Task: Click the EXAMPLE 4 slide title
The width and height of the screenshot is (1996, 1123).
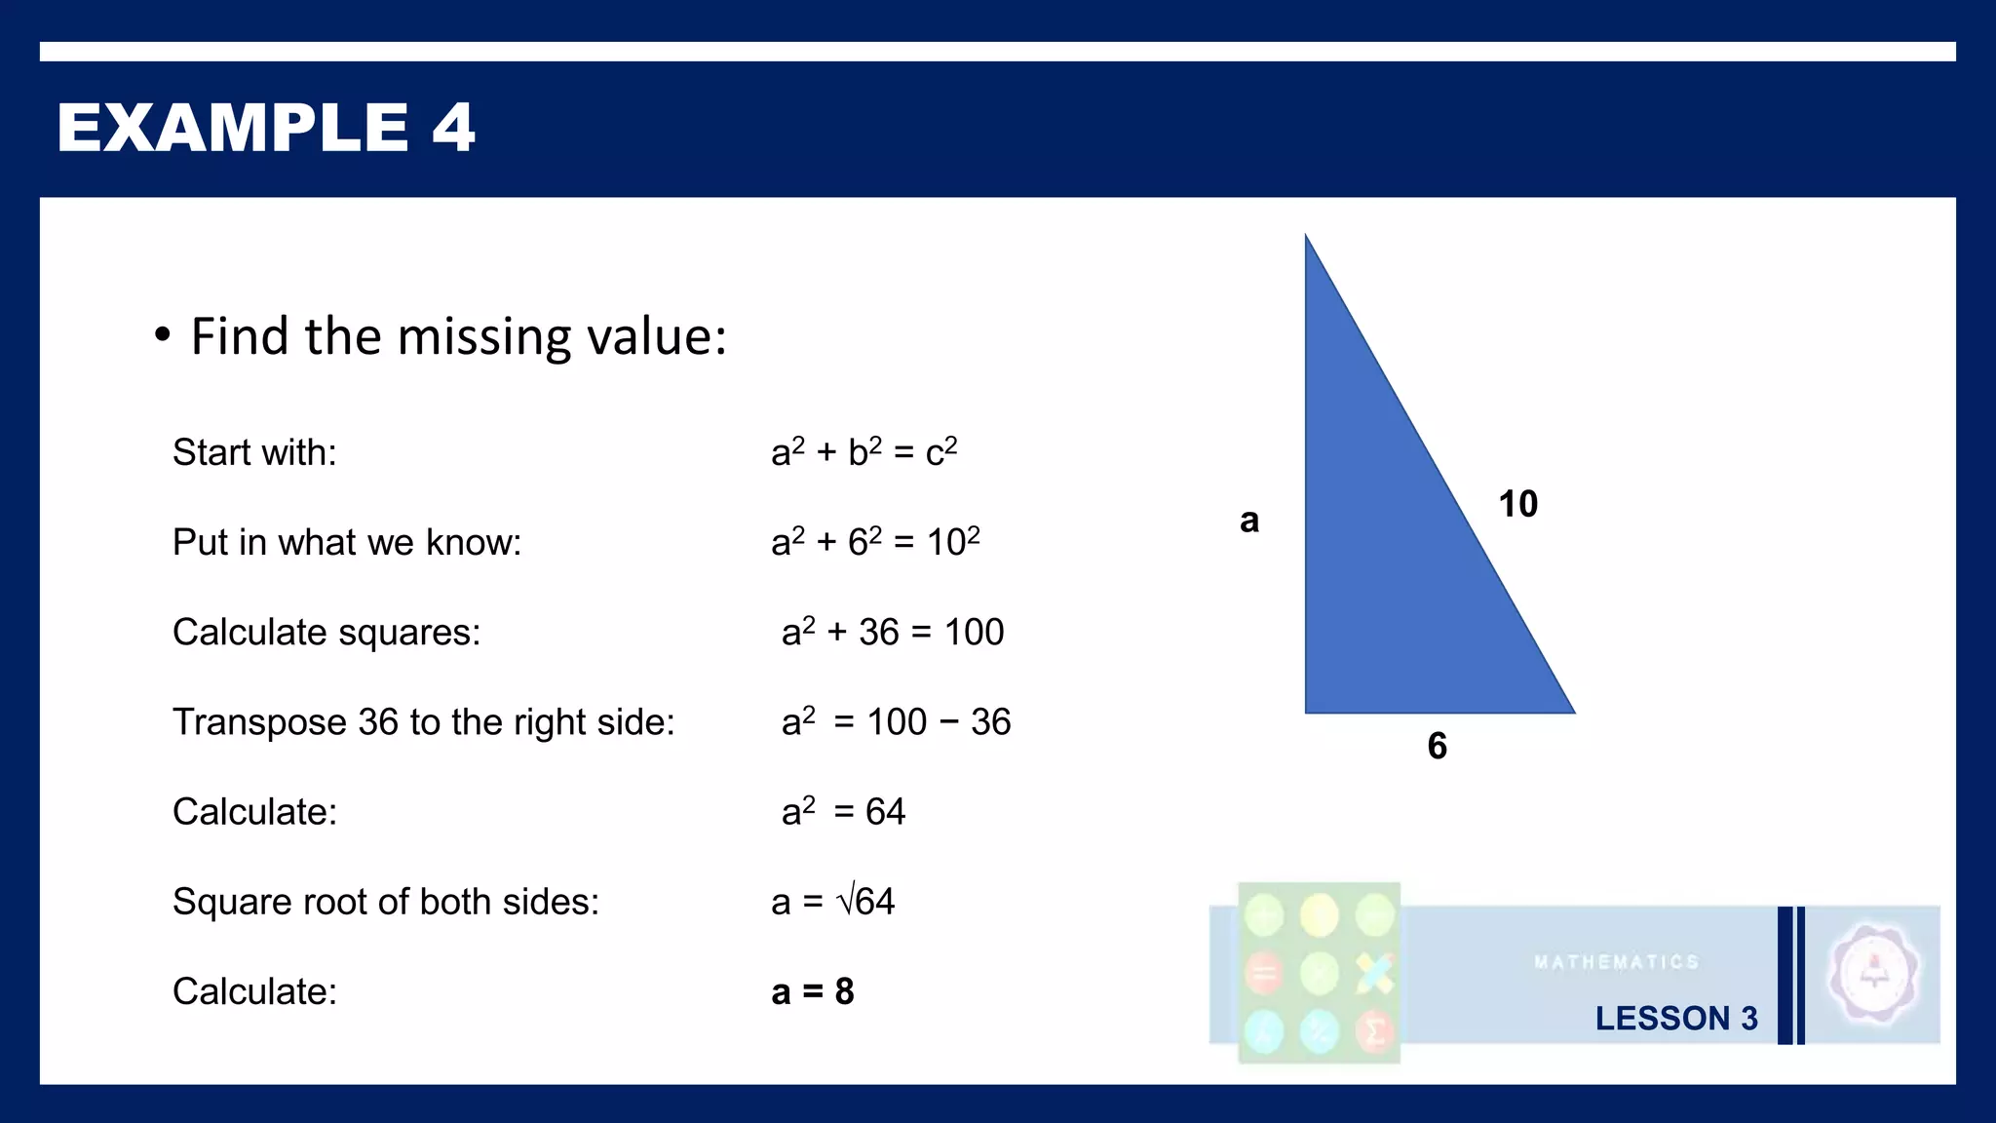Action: click(265, 128)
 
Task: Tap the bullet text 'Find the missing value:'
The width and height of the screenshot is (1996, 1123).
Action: click(458, 337)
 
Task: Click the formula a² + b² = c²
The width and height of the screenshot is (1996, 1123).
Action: click(864, 452)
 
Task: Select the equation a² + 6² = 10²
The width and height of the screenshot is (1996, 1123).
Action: click(875, 542)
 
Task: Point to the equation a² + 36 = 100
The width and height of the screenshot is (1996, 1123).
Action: click(892, 633)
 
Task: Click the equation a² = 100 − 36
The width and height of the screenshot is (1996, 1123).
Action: click(896, 722)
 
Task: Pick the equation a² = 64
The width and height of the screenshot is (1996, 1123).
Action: click(843, 812)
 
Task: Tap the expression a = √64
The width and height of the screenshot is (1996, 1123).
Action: click(832, 902)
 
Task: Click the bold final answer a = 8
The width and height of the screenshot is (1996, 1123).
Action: click(812, 992)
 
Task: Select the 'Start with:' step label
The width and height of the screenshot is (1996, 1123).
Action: click(254, 453)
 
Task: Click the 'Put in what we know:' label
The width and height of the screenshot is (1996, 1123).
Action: click(347, 543)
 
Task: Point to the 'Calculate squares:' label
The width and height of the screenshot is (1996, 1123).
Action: click(326, 633)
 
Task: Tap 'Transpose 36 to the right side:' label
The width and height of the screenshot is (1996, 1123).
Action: click(423, 722)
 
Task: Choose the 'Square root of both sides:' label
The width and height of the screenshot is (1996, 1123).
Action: click(386, 902)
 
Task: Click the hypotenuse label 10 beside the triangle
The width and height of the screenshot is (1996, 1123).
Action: click(1517, 504)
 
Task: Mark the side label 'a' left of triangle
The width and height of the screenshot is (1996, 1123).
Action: click(1249, 521)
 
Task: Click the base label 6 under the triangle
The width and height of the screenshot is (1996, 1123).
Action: click(1437, 747)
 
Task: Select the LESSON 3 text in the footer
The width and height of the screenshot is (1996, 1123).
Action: click(1676, 1019)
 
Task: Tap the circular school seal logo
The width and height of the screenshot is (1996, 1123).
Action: click(1873, 974)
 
